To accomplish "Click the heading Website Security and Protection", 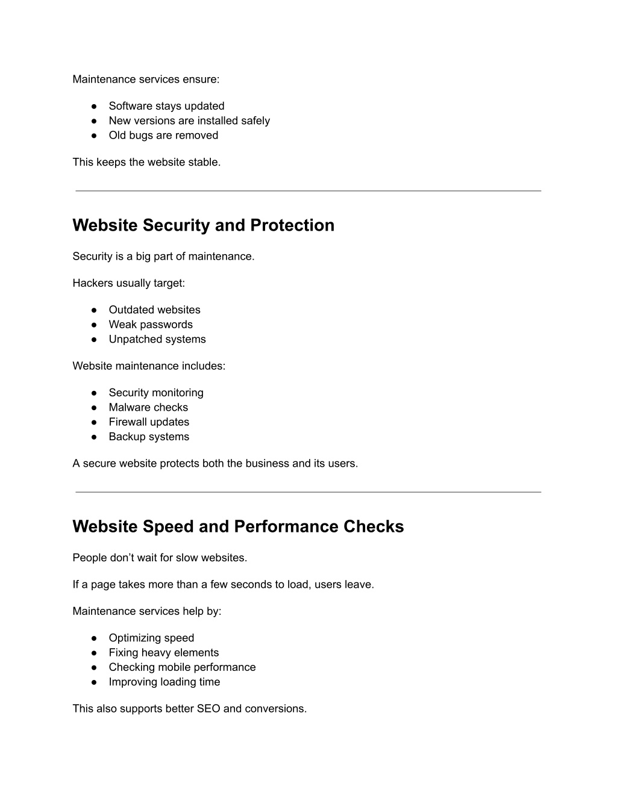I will pyautogui.click(x=203, y=225).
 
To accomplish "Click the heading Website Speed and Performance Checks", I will pyautogui.click(x=238, y=526).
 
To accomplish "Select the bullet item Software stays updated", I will pyautogui.click(x=166, y=106).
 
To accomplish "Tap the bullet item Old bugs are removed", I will pyautogui.click(x=163, y=136).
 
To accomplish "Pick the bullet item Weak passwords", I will pyautogui.click(x=151, y=325).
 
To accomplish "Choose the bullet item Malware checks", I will pyautogui.click(x=148, y=408).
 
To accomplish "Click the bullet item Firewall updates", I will pyautogui.click(x=149, y=422).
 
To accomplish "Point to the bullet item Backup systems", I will pyautogui.click(x=149, y=437).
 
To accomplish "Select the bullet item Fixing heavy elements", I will pyautogui.click(x=164, y=653).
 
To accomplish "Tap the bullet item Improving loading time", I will pyautogui.click(x=164, y=682).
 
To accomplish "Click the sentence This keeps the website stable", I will pyautogui.click(x=146, y=163).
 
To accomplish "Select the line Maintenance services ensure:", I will pyautogui.click(x=146, y=79).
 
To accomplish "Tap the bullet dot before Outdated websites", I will pyautogui.click(x=95, y=310).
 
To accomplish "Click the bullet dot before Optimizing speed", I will pyautogui.click(x=95, y=638).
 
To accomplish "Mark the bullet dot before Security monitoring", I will pyautogui.click(x=95, y=393).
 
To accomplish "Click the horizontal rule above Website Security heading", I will pyautogui.click(x=308, y=191).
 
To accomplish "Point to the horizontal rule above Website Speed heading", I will pyautogui.click(x=308, y=492).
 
